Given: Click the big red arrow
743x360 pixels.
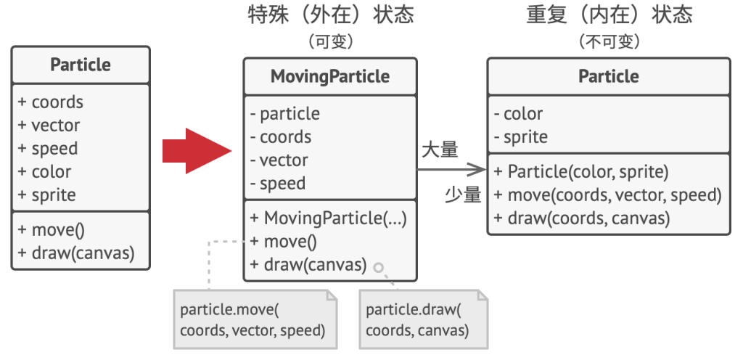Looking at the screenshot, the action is click(197, 151).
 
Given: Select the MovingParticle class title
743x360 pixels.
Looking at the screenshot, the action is click(330, 76).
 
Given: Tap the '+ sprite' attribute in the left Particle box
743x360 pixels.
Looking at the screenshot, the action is click(47, 195).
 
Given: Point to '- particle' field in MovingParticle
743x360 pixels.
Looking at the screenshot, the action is click(285, 114).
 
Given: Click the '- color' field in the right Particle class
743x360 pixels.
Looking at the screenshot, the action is click(518, 114).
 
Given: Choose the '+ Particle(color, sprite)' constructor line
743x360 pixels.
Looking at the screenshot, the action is click(581, 172).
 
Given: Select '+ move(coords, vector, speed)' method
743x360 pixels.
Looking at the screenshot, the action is click(608, 195).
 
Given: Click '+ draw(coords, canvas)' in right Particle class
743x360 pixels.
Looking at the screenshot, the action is click(582, 218).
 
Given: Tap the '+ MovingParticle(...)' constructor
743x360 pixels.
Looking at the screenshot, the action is click(329, 218).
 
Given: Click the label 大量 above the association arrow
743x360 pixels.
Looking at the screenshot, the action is click(440, 150).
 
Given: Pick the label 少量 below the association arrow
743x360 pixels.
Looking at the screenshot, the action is click(463, 195).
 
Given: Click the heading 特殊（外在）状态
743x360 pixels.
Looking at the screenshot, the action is click(331, 15).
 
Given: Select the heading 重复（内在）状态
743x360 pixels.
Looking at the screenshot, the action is click(609, 15).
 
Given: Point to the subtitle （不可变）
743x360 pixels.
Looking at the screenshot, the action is click(609, 41).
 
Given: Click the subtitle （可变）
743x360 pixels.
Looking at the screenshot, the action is click(331, 41).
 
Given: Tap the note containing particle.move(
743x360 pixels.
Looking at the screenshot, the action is click(255, 320).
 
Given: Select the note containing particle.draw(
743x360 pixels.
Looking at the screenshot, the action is click(424, 320).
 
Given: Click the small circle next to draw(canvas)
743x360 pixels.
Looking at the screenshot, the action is click(378, 268).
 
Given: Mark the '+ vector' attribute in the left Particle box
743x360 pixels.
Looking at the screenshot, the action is click(49, 125).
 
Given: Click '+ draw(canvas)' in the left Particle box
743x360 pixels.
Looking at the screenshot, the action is click(76, 253).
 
